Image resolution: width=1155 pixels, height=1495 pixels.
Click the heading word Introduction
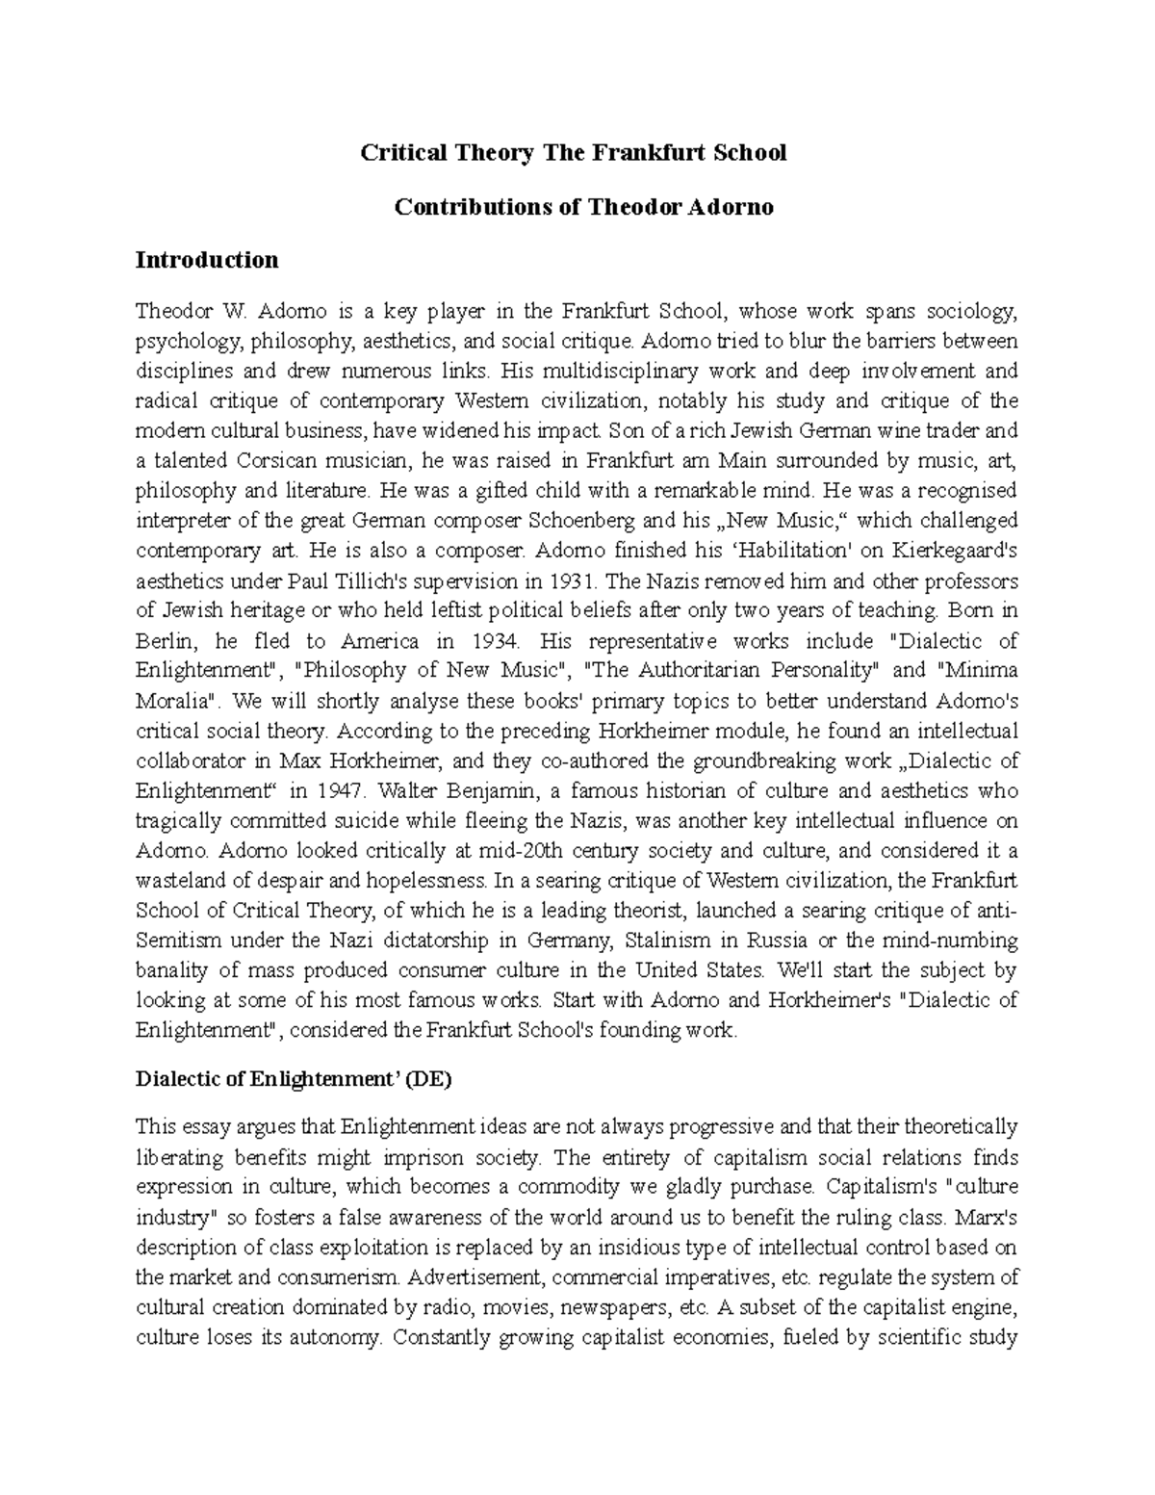[207, 260]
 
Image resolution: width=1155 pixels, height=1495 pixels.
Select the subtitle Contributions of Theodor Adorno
[584, 207]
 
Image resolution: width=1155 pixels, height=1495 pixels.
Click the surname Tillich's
[367, 581]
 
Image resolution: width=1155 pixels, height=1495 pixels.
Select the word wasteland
[180, 881]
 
